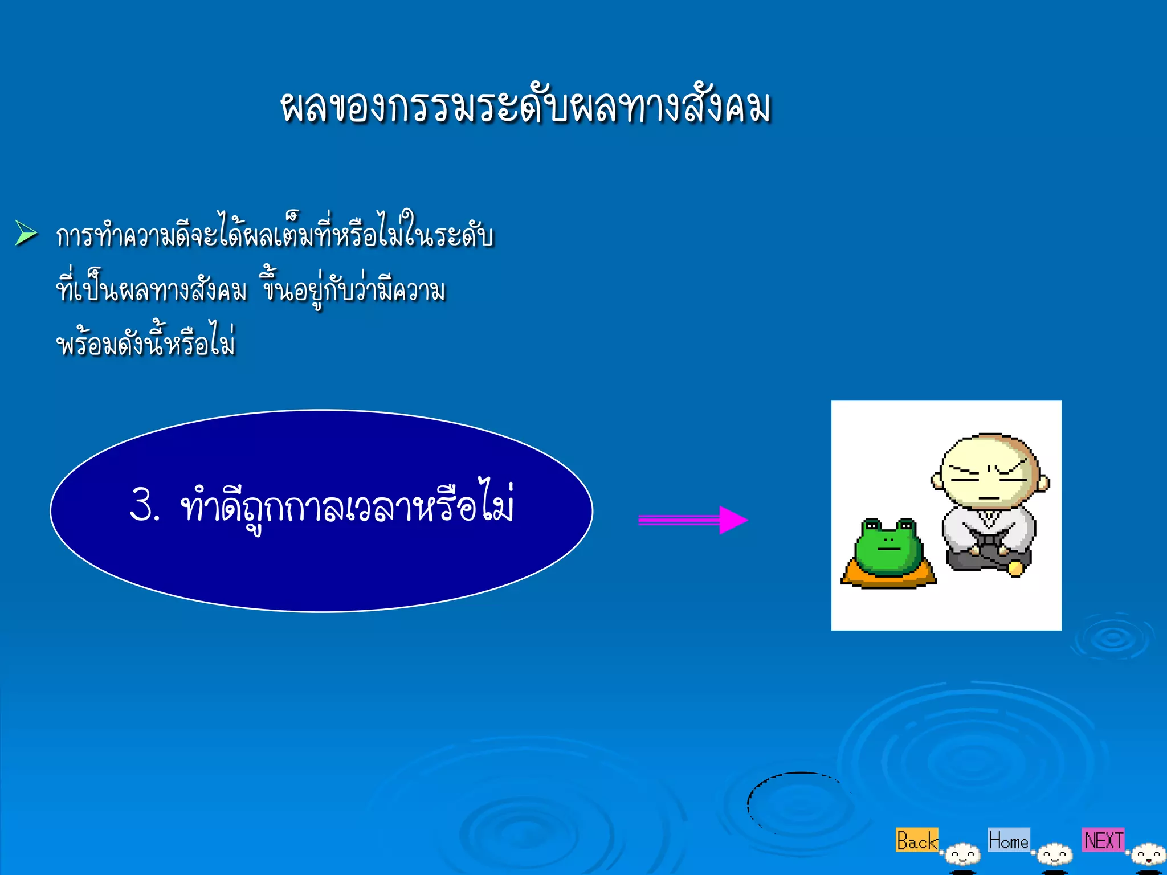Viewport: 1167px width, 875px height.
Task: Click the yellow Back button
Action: [x=916, y=840]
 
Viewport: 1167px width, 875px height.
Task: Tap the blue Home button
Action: [x=1009, y=840]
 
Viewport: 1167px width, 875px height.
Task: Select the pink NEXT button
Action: [x=1103, y=840]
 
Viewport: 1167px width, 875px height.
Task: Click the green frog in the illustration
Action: [x=888, y=546]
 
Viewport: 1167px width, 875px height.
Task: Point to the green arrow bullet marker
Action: [x=26, y=233]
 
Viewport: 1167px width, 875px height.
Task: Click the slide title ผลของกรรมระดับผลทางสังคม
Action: [x=525, y=107]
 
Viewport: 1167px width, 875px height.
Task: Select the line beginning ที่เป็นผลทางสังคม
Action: [x=251, y=289]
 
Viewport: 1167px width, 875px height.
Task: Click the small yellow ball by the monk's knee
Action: [x=1015, y=568]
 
